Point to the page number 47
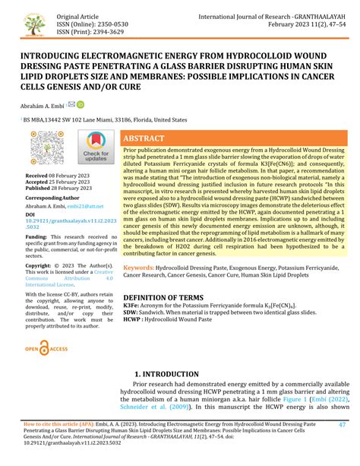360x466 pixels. (343, 446)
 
